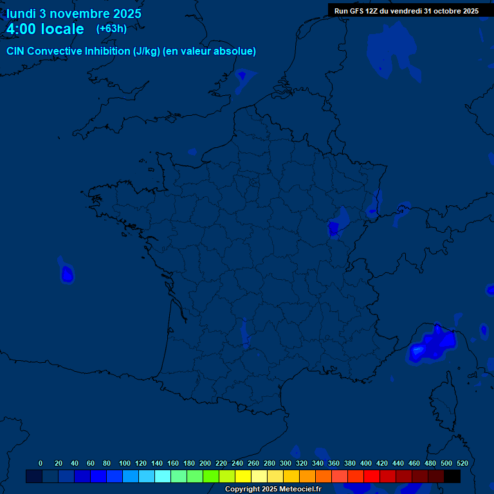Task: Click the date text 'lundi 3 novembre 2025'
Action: click(74, 14)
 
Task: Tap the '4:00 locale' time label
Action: click(45, 29)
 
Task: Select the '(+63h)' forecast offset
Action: click(111, 28)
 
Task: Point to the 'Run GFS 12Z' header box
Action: click(406, 10)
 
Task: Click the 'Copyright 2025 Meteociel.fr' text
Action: click(273, 489)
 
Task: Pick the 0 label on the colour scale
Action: click(41, 463)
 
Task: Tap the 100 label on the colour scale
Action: click(125, 463)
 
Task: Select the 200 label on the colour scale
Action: click(205, 463)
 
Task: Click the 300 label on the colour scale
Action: click(286, 463)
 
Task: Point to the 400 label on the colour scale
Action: click(366, 463)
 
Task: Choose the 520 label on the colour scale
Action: click(462, 463)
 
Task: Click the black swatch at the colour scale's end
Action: click(452, 477)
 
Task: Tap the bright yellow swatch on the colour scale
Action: click(243, 477)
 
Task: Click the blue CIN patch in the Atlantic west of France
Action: click(67, 275)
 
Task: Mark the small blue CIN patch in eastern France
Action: click(333, 228)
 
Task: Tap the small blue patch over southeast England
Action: click(242, 75)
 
